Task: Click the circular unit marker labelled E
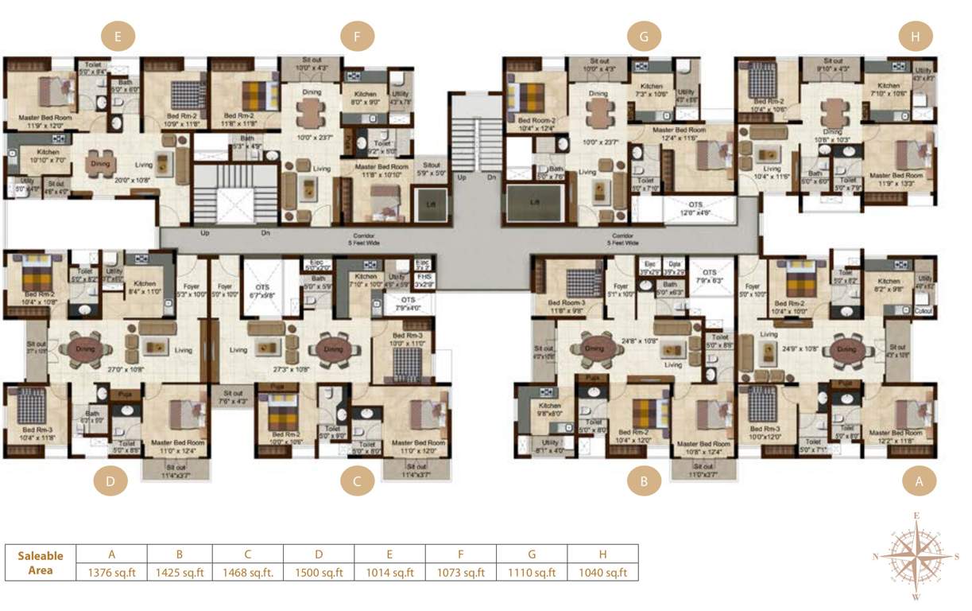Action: click(x=118, y=37)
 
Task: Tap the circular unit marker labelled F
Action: click(x=357, y=37)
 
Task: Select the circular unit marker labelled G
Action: click(x=644, y=37)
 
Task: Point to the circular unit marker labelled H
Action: click(x=916, y=37)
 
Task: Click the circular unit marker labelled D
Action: click(x=110, y=481)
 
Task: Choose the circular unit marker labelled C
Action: click(x=357, y=481)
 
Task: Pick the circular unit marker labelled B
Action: click(x=644, y=481)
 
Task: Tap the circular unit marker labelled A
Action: click(x=920, y=481)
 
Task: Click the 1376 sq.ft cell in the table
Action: click(x=112, y=572)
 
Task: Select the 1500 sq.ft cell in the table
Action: click(x=319, y=572)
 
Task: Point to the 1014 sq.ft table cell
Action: click(x=389, y=572)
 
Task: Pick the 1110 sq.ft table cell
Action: click(x=532, y=572)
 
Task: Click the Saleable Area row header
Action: click(x=41, y=562)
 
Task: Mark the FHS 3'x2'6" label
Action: click(x=424, y=280)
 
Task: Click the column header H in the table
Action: click(x=602, y=554)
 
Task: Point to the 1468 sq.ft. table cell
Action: click(x=248, y=572)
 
